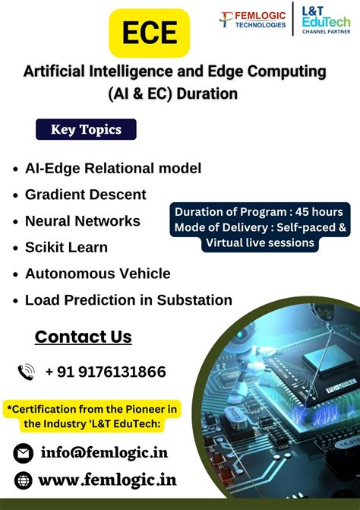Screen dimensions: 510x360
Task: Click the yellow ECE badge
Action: pyautogui.click(x=149, y=33)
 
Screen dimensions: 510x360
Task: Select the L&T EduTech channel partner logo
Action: pyautogui.click(x=326, y=20)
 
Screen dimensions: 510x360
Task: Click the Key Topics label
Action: pyautogui.click(x=86, y=129)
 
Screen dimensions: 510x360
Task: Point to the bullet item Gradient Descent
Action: pyautogui.click(x=85, y=194)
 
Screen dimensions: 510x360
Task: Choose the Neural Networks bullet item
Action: pyautogui.click(x=82, y=220)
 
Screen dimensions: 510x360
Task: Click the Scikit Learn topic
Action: pyautogui.click(x=66, y=247)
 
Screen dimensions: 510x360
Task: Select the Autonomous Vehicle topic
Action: pyautogui.click(x=97, y=274)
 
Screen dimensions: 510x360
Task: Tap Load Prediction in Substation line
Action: pyautogui.click(x=128, y=299)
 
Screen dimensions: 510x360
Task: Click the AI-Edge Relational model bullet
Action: pyautogui.click(x=112, y=168)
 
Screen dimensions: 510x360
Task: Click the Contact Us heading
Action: pyautogui.click(x=84, y=337)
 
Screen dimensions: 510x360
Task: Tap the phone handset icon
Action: pyautogui.click(x=27, y=372)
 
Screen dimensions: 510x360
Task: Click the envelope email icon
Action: pyautogui.click(x=24, y=453)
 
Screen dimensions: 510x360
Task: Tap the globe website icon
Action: pyautogui.click(x=24, y=480)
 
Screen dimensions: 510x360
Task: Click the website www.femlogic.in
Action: pyautogui.click(x=106, y=480)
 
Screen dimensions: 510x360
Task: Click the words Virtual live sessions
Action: pyautogui.click(x=260, y=242)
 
